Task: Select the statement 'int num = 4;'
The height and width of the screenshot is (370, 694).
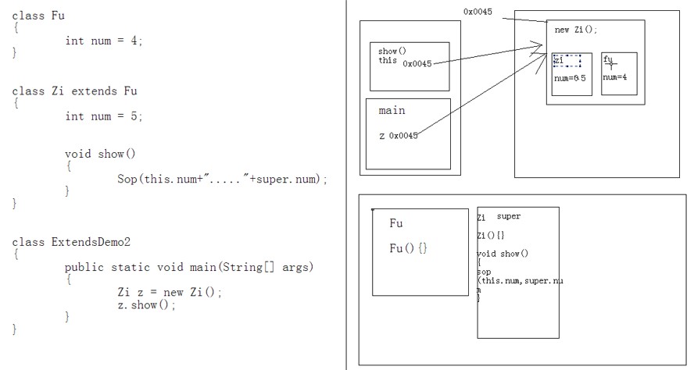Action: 104,41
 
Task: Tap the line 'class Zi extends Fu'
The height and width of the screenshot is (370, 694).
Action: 63,91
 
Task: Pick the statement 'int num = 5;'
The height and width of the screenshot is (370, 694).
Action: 104,116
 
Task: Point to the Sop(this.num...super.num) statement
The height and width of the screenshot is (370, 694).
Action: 222,179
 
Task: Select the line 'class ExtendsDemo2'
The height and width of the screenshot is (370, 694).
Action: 71,242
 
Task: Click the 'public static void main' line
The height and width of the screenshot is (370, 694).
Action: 188,267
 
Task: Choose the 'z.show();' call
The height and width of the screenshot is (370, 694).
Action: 146,304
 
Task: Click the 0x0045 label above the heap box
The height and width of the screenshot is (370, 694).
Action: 478,12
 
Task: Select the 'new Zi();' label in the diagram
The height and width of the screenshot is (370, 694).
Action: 576,30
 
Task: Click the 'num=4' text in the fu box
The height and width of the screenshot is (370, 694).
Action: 616,77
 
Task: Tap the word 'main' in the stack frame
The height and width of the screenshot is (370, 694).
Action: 392,111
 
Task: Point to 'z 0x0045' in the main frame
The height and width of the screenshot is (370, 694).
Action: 398,135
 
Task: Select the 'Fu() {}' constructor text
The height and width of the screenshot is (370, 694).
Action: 409,247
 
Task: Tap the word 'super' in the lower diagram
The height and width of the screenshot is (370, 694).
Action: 508,216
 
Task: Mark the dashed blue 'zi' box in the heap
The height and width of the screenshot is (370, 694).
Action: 566,61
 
